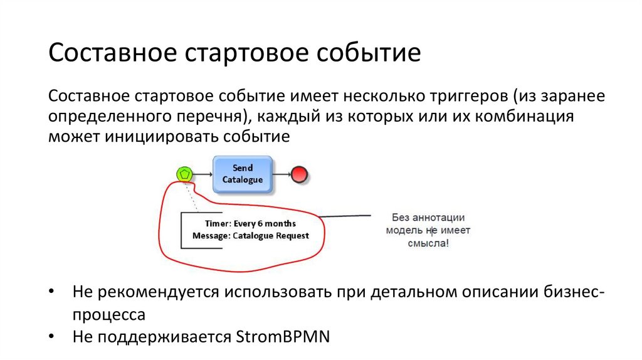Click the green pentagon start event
click(x=183, y=174)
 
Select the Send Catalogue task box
click(x=243, y=174)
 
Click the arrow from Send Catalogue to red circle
click(x=282, y=174)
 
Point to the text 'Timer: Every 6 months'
click(x=250, y=223)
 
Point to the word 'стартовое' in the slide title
click(x=241, y=53)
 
